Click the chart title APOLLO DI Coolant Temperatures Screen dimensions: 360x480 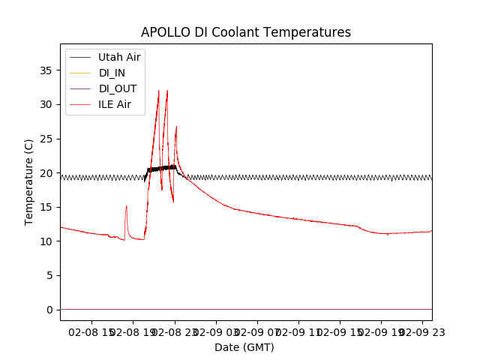coord(246,32)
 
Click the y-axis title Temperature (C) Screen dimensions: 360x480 coord(29,181)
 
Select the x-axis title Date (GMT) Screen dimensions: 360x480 coord(244,347)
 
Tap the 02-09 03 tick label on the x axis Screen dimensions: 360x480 coord(216,331)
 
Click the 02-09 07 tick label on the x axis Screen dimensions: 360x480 coord(257,331)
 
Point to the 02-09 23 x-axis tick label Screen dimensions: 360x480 coord(421,331)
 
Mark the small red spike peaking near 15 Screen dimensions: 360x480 coord(126,206)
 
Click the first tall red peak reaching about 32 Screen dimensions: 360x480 coord(159,91)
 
